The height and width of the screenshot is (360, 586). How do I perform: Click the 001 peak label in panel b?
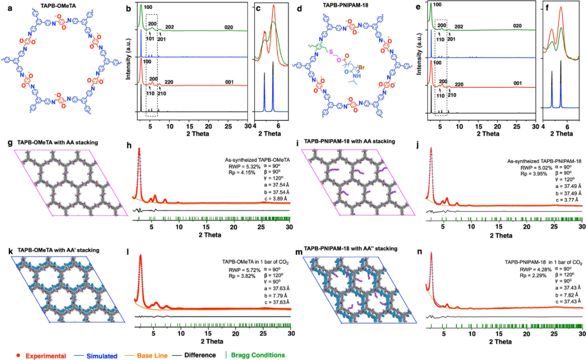(x=229, y=80)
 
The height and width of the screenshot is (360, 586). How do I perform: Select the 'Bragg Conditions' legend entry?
(x=262, y=355)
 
